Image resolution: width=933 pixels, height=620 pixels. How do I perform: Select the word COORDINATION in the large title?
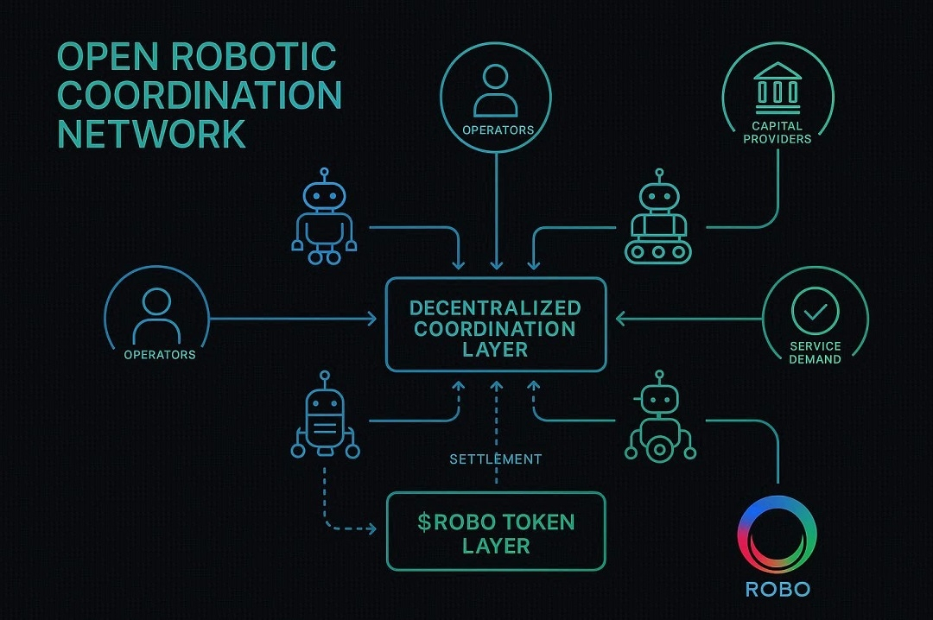pos(200,95)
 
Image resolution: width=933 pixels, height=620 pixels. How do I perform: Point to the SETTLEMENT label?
pos(496,459)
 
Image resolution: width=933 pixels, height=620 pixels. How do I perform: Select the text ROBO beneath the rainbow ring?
pos(777,590)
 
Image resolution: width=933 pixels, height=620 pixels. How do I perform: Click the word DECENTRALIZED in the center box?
pos(495,308)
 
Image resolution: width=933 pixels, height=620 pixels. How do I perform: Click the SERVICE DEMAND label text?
pos(815,352)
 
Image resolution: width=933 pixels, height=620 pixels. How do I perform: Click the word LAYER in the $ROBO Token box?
pos(496,546)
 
